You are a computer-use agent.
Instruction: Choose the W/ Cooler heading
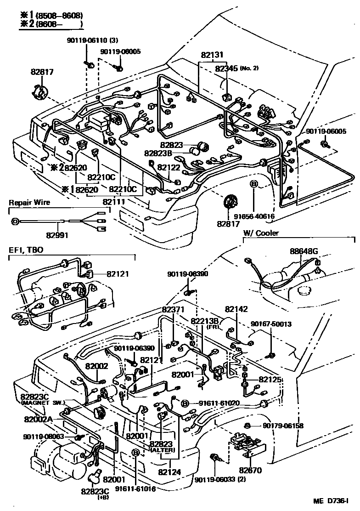261,233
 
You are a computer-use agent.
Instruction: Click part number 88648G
304,251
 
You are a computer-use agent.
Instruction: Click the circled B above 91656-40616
253,184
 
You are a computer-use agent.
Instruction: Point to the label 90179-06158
283,426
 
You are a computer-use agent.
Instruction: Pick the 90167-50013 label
271,324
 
